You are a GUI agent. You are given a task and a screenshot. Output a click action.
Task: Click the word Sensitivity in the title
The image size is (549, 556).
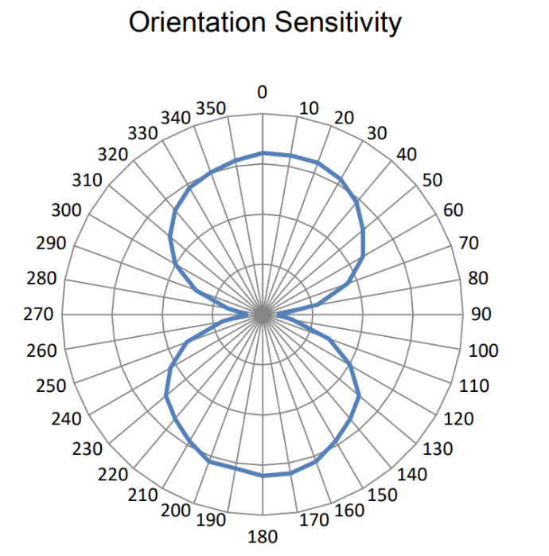[337, 23]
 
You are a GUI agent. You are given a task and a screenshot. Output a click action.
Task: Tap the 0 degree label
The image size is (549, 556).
[262, 92]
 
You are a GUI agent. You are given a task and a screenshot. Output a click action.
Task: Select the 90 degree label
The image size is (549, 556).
[481, 315]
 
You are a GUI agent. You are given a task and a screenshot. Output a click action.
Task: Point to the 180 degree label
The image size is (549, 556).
[263, 537]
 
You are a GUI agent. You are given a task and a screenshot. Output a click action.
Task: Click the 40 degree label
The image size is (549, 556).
[407, 154]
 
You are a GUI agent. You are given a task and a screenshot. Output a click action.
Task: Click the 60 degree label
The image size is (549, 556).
[454, 210]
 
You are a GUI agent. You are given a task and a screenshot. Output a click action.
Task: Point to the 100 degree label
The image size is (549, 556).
[483, 350]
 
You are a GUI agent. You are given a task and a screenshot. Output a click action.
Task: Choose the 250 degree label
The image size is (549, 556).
[51, 386]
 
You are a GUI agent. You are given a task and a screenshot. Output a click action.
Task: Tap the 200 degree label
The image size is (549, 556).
[175, 511]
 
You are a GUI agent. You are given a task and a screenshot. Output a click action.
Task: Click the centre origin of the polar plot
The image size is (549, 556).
[263, 315]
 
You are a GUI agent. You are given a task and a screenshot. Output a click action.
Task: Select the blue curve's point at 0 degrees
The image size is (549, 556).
[263, 153]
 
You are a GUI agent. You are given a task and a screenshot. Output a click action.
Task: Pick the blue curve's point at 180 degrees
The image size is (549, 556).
[263, 476]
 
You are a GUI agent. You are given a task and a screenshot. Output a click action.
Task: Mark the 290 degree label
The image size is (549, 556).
[51, 244]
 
